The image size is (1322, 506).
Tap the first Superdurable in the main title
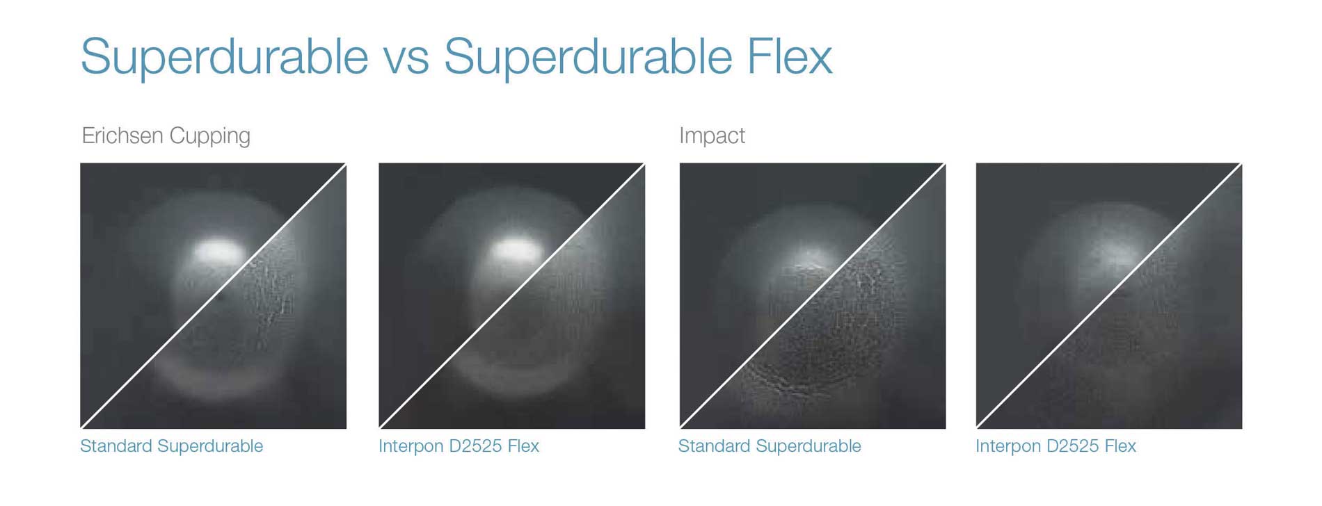click(x=224, y=56)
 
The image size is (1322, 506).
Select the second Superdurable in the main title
click(x=588, y=56)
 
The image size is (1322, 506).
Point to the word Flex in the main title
click(x=790, y=55)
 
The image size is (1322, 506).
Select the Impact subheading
click(x=712, y=136)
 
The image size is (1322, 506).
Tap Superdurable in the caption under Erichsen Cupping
click(x=210, y=446)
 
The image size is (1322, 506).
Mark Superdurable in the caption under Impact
click(x=809, y=446)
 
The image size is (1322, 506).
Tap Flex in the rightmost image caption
click(x=1120, y=446)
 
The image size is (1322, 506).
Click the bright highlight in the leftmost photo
click(x=218, y=251)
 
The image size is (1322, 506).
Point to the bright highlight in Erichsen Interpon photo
click(x=516, y=250)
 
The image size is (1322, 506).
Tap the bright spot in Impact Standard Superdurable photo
click(x=811, y=259)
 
